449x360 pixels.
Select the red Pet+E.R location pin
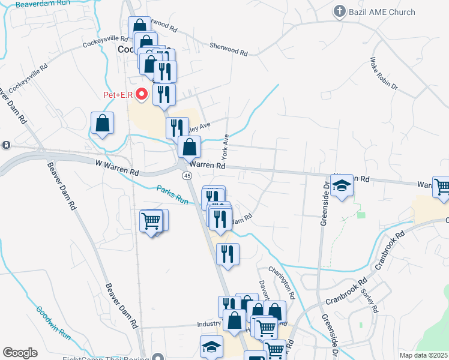click(142, 94)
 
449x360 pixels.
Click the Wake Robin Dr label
click(384, 73)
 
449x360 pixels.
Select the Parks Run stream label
click(173, 193)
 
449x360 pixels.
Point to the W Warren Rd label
click(117, 167)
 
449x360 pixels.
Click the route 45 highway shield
click(187, 175)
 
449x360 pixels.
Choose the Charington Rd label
click(282, 283)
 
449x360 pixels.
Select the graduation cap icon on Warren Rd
click(342, 185)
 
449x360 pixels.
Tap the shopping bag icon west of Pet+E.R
click(102, 124)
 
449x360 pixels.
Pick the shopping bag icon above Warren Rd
click(189, 146)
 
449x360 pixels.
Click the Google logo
click(20, 353)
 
